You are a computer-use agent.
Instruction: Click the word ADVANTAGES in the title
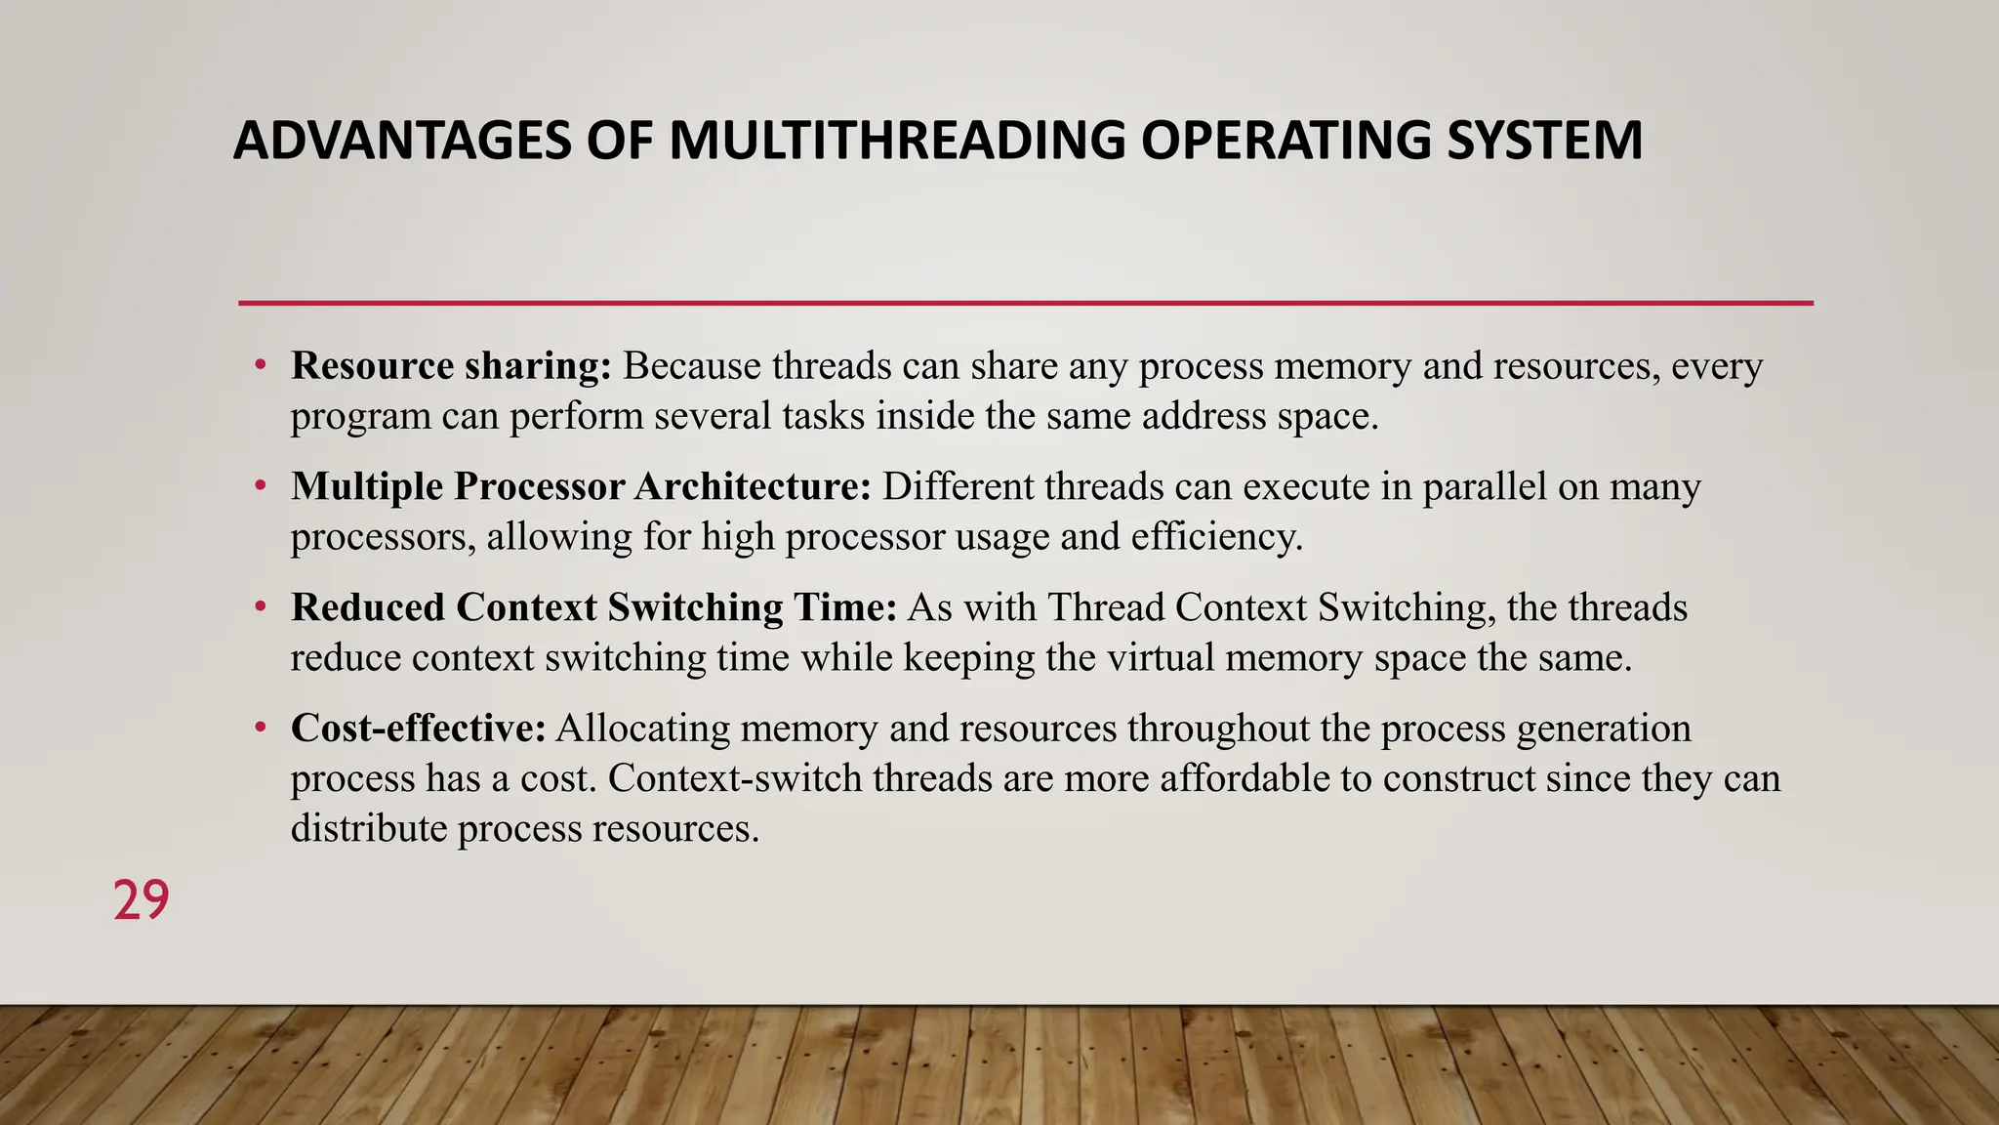coord(401,141)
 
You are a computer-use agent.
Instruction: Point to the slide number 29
coord(141,900)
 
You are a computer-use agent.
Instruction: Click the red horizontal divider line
coord(1025,304)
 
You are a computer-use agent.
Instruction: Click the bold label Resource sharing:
coord(451,366)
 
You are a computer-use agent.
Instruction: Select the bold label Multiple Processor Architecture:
coord(581,486)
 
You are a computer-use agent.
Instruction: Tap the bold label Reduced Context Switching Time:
coord(593,607)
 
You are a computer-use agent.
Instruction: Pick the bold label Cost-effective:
coord(418,729)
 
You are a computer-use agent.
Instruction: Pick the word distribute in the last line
coord(369,829)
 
